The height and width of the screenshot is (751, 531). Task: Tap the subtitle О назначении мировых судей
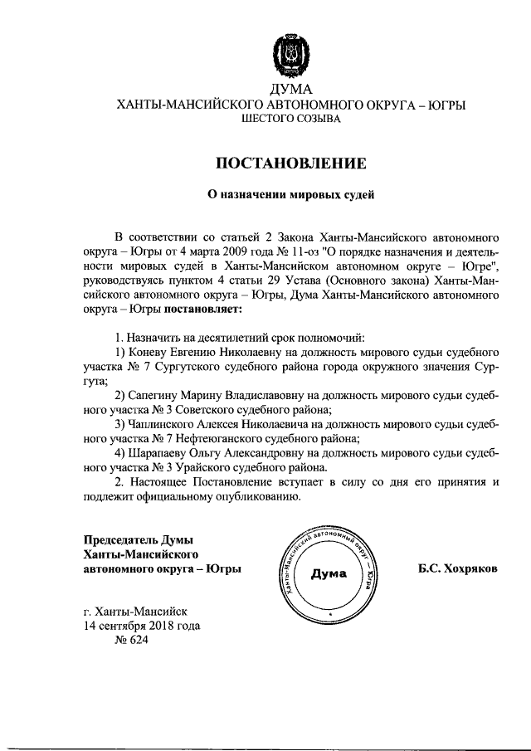pyautogui.click(x=290, y=196)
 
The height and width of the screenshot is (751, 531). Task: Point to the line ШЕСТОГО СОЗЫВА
pyautogui.click(x=290, y=120)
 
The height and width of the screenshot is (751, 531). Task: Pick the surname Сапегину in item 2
pyautogui.click(x=158, y=395)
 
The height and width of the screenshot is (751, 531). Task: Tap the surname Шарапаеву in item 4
pyautogui.click(x=159, y=454)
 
